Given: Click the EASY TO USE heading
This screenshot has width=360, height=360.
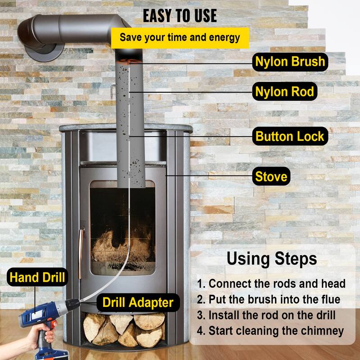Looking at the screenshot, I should click(180, 16).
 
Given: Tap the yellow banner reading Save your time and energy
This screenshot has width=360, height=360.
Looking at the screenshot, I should click(180, 37).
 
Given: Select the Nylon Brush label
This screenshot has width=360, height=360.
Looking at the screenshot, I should click(290, 62).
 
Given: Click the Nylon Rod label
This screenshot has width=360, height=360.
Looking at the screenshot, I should click(284, 92).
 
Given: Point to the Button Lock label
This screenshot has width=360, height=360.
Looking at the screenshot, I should click(289, 136).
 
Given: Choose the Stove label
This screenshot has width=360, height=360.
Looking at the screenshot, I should click(271, 176).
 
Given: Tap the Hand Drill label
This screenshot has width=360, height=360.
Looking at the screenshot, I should click(36, 277).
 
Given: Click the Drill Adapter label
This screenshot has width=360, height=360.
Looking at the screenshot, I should click(138, 302).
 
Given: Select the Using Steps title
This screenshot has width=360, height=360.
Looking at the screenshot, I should click(271, 259).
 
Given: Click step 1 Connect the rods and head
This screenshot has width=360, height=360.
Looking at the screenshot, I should click(271, 284).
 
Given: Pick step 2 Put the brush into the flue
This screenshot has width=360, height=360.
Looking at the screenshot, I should click(269, 300).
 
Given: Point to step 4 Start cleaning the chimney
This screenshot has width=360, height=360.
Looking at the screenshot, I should click(270, 331).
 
